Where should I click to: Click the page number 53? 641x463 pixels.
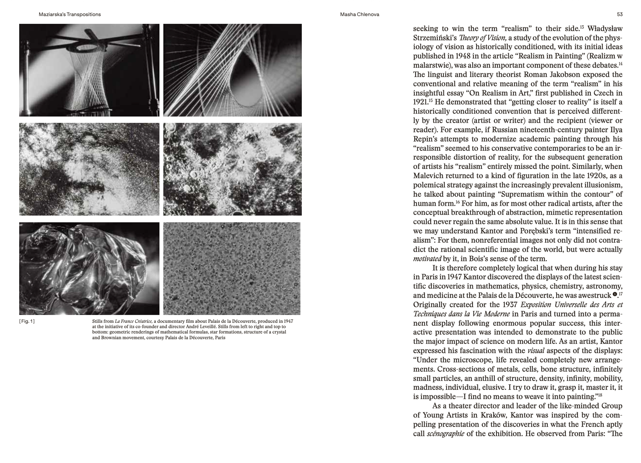[619, 14]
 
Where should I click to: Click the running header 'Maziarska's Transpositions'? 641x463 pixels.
[70, 14]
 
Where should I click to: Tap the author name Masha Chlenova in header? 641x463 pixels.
[360, 14]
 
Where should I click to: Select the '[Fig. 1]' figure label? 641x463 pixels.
[27, 321]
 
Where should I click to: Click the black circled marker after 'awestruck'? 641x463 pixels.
[615, 295]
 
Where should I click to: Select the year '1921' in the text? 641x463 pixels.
[420, 102]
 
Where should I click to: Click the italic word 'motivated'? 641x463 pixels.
[427, 259]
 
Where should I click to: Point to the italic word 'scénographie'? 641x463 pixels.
[445, 434]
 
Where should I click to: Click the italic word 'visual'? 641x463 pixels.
[535, 351]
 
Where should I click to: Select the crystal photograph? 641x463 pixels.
[89, 268]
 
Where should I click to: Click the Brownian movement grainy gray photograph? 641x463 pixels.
[232, 268]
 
